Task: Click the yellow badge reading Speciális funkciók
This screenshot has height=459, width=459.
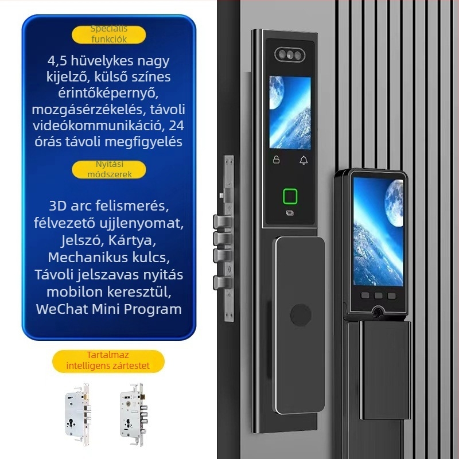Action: (109, 34)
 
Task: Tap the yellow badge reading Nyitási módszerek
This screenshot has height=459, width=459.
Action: (109, 169)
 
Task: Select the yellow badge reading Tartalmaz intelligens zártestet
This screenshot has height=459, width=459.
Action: (108, 361)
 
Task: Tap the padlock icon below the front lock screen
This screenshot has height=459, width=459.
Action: (276, 160)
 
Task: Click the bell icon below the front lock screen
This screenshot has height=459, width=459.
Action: (304, 160)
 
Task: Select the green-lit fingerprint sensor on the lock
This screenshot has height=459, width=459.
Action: (290, 197)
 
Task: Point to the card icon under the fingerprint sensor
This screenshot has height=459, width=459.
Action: (290, 214)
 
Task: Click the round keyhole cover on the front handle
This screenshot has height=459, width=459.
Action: (297, 316)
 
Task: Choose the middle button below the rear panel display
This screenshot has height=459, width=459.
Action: (378, 297)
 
